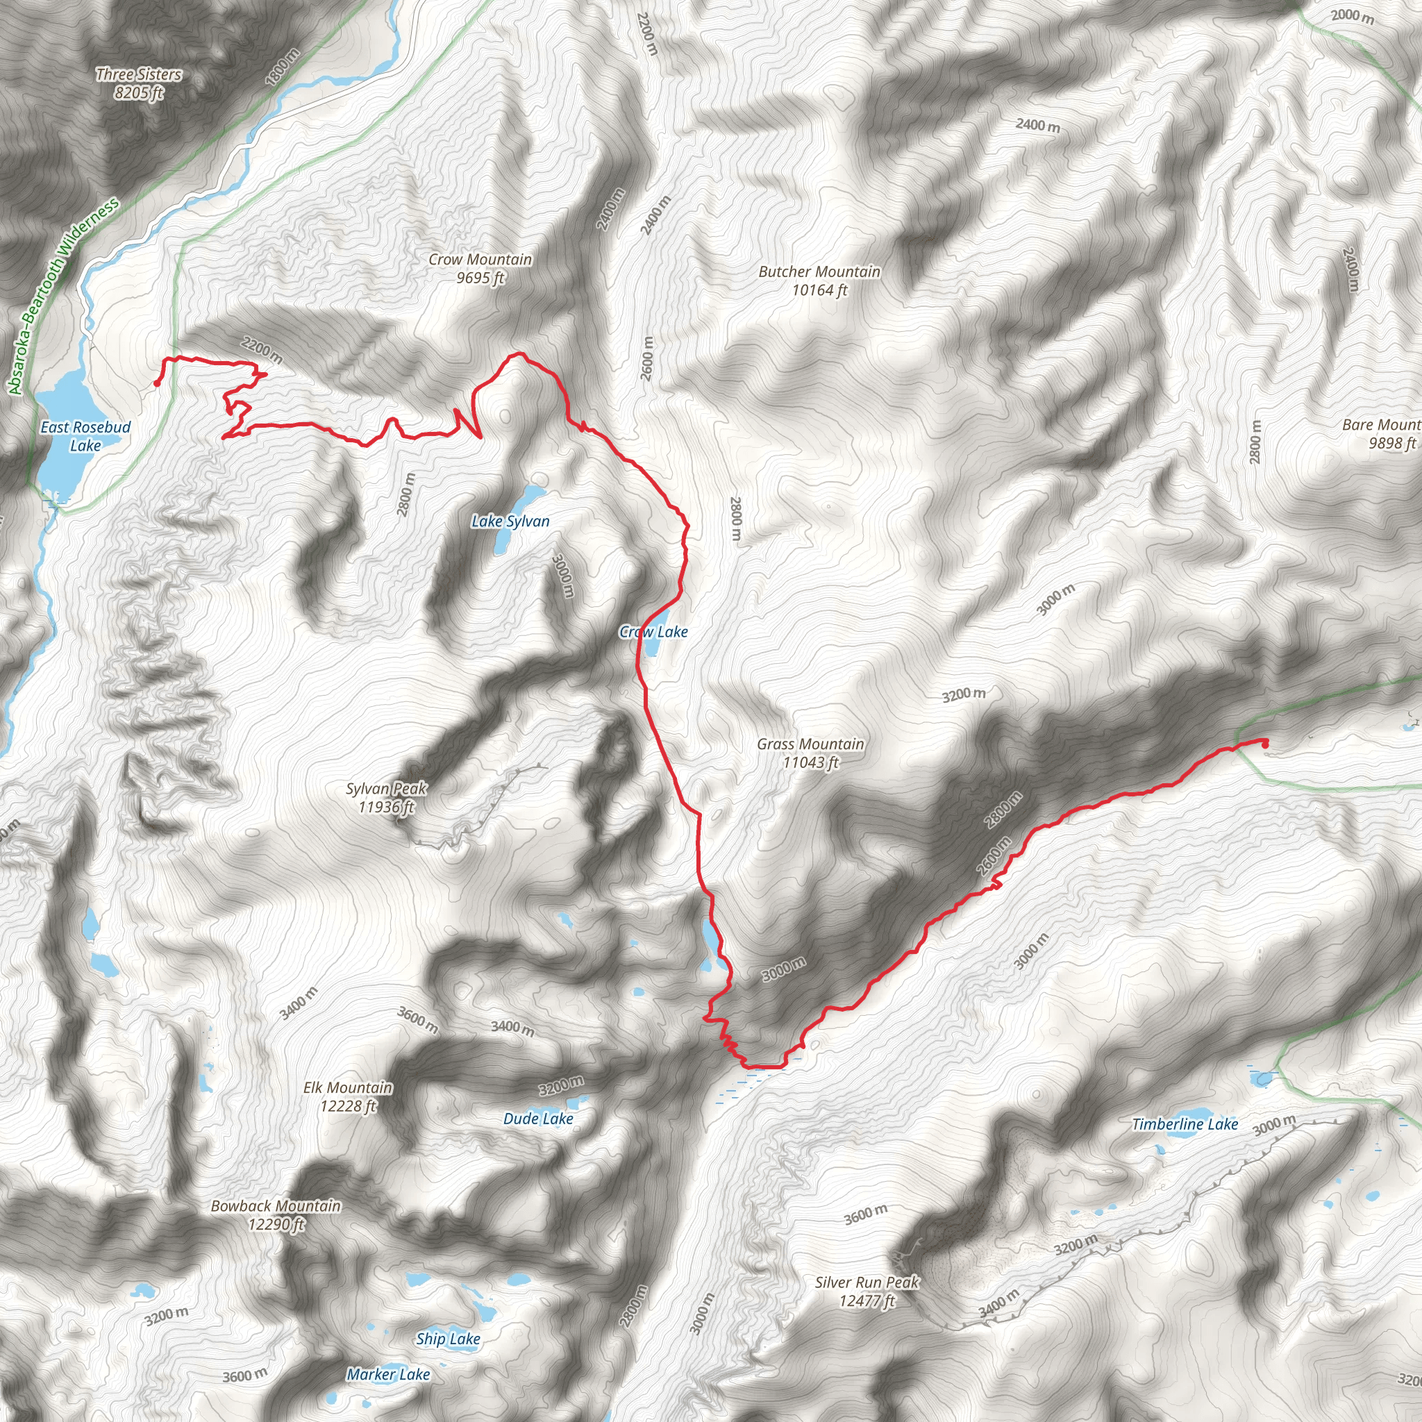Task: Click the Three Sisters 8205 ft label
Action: pyautogui.click(x=138, y=83)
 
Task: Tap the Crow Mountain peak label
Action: pyautogui.click(x=480, y=269)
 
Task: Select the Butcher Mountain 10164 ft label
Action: pyautogui.click(x=819, y=281)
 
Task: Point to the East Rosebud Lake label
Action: pyautogui.click(x=85, y=437)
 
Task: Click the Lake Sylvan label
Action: pyautogui.click(x=510, y=522)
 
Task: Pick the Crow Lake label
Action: pyautogui.click(x=653, y=632)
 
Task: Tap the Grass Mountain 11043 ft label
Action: pyautogui.click(x=810, y=753)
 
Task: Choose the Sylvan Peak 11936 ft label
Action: pyautogui.click(x=387, y=798)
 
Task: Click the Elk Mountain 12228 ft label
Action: pyautogui.click(x=348, y=1096)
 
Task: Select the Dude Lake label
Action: pyautogui.click(x=538, y=1119)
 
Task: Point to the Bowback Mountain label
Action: pyautogui.click(x=276, y=1215)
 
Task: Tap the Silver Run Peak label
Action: pyautogui.click(x=867, y=1291)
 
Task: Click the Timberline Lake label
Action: pyautogui.click(x=1185, y=1124)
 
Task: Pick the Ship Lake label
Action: pyautogui.click(x=448, y=1339)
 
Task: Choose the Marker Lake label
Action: pyautogui.click(x=388, y=1374)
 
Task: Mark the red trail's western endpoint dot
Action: pyautogui.click(x=157, y=383)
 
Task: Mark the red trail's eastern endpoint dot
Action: pyautogui.click(x=1265, y=744)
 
